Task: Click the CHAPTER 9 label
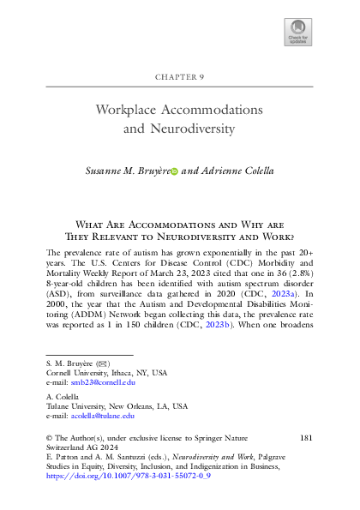pyautogui.click(x=180, y=76)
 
